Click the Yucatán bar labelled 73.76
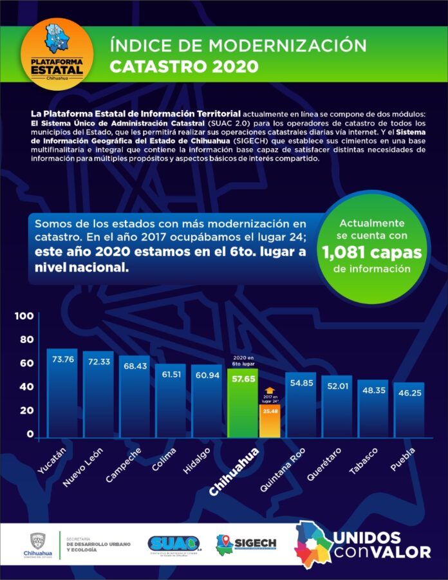[x=62, y=393]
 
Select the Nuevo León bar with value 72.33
[x=98, y=395]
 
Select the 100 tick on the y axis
[x=24, y=316]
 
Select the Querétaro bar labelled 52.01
[x=337, y=405]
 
